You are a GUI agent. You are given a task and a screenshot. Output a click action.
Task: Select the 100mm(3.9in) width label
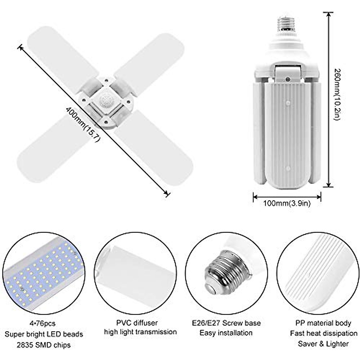[x=287, y=203]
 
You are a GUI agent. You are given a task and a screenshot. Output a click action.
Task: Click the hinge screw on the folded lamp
[x=287, y=79]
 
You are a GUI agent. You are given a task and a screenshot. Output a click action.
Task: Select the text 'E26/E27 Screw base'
[x=226, y=323]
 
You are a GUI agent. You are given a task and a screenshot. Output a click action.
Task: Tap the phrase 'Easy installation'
[x=226, y=333]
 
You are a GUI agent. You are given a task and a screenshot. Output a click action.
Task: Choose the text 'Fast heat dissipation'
[x=323, y=333]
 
